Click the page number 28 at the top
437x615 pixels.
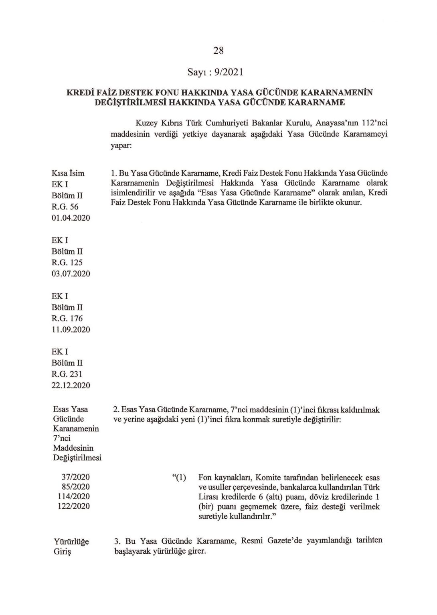(x=218, y=50)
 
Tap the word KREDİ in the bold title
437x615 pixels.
(x=79, y=93)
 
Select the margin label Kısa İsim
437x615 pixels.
(x=68, y=173)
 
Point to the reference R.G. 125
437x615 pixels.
(x=67, y=262)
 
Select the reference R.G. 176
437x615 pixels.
(x=67, y=319)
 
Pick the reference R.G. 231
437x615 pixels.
(x=67, y=374)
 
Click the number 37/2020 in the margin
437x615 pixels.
(x=76, y=477)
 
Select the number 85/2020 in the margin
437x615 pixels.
(x=76, y=486)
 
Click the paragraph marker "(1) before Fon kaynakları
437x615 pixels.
(x=179, y=478)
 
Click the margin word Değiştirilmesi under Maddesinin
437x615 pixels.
(x=77, y=458)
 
